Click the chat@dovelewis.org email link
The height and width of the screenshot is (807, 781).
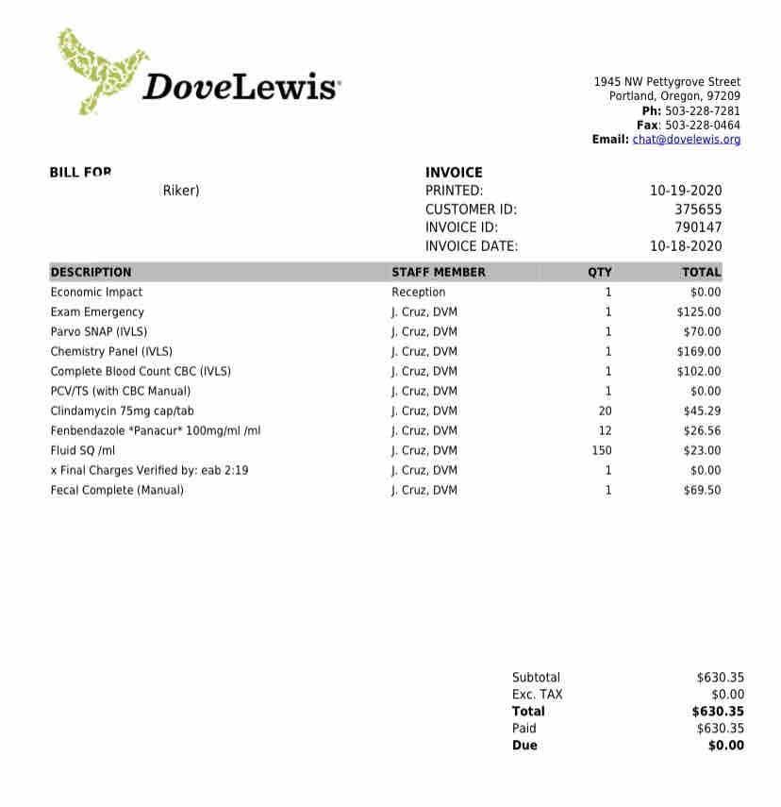coord(686,140)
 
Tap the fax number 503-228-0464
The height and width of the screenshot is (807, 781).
coord(703,125)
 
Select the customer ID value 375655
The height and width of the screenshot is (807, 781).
coord(698,210)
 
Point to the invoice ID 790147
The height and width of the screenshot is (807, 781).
coord(698,227)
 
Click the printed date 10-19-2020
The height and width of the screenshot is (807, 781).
coord(686,191)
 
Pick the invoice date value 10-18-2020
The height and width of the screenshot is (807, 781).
coord(686,246)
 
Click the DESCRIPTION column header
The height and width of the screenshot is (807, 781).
coord(91,272)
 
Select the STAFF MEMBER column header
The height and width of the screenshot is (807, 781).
coord(439,272)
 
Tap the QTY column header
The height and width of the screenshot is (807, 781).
coord(600,272)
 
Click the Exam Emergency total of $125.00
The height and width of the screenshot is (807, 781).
coord(699,312)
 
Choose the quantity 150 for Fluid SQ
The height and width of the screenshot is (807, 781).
coord(602,451)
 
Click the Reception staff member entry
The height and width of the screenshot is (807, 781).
coord(419,293)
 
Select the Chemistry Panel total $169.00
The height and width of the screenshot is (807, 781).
coord(699,352)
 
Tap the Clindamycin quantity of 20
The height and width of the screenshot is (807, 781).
coord(606,412)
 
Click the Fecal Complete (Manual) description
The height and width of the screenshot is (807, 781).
coord(117,491)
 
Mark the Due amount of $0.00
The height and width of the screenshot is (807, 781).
coord(725,746)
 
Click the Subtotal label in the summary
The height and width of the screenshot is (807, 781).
coord(536,678)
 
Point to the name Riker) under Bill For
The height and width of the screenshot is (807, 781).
coord(181,191)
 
